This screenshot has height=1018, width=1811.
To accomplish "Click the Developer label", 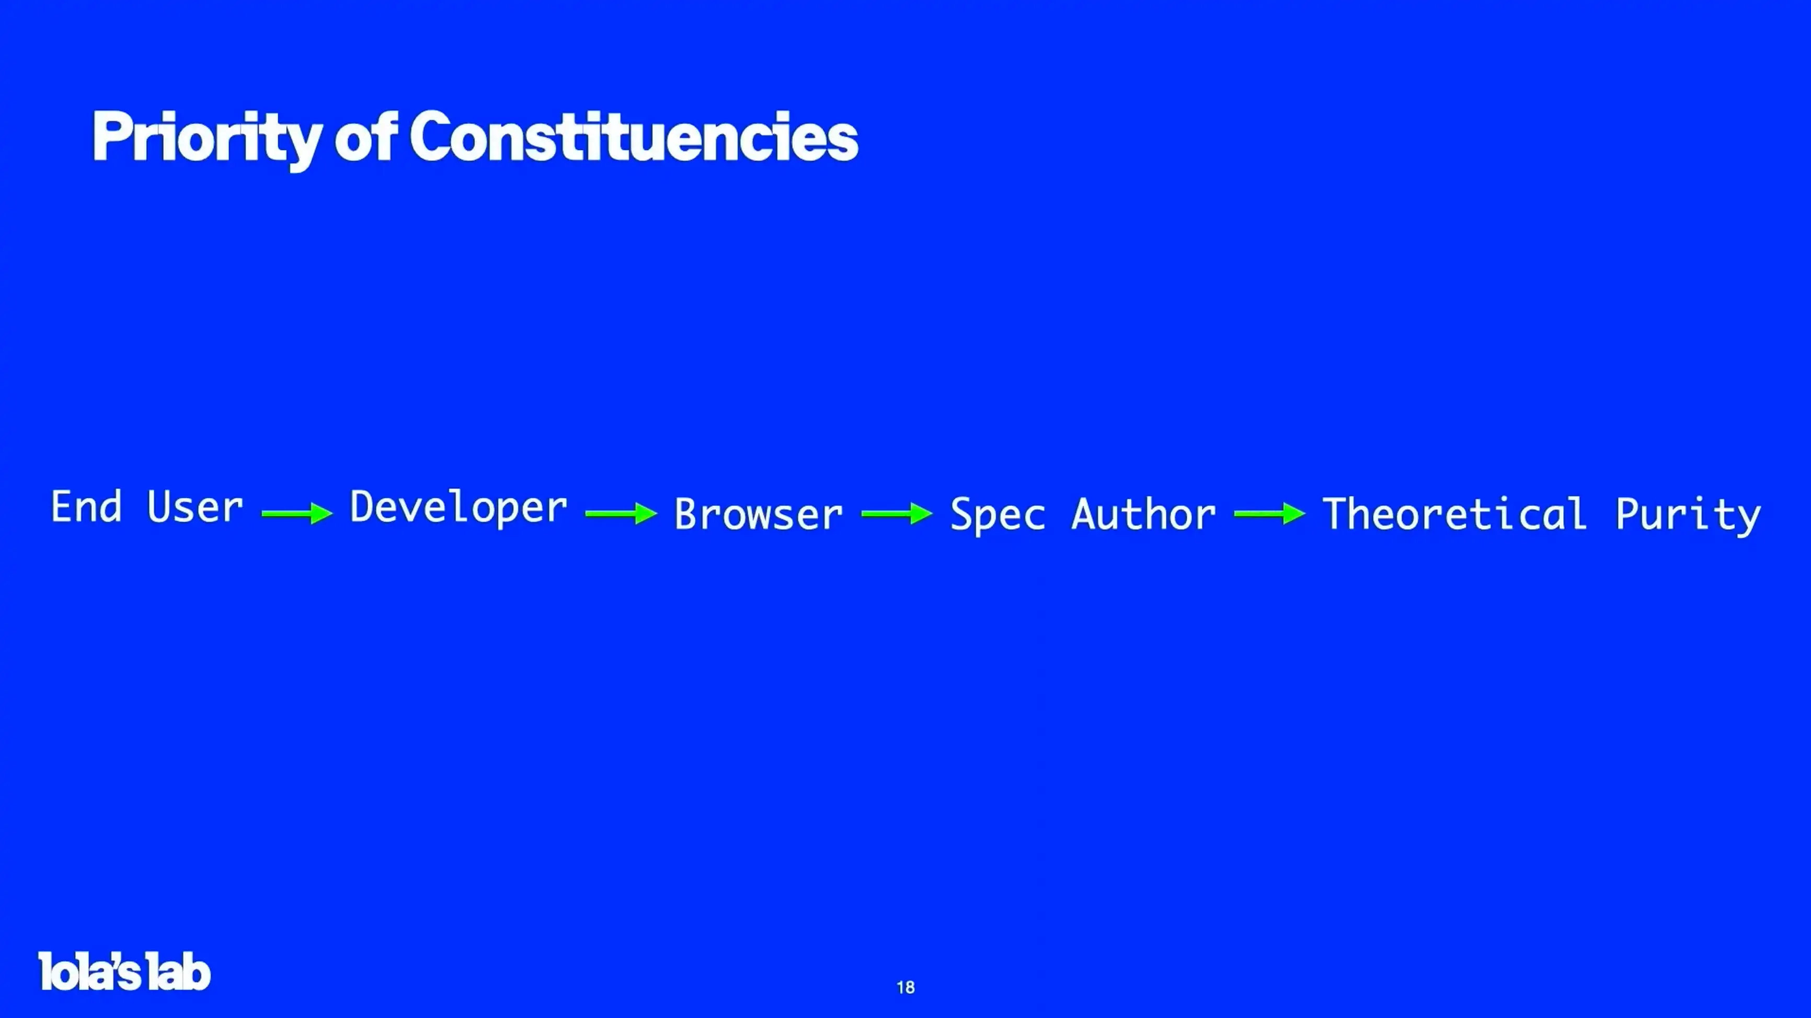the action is [459, 508].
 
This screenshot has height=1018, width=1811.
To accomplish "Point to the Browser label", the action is [759, 514].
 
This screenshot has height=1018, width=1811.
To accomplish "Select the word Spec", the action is [998, 515].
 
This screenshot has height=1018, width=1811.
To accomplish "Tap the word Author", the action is [1144, 514].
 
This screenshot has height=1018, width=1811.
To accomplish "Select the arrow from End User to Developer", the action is [296, 514].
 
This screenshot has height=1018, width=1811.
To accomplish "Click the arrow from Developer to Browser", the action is [621, 514].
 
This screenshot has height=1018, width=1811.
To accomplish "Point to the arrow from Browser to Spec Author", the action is [897, 514].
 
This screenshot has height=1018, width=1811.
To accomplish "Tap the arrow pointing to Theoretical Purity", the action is [1270, 514].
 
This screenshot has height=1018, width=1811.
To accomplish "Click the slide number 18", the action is [905, 988].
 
